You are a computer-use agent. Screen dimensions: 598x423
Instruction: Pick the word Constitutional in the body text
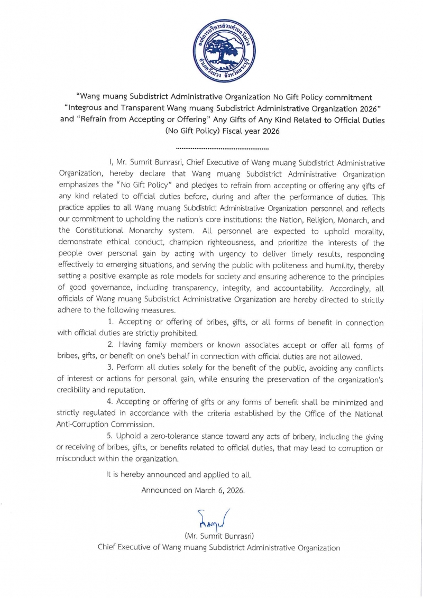click(103, 231)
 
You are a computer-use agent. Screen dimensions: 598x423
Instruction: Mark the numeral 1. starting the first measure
click(111, 322)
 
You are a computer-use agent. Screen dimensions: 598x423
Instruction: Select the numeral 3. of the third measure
click(111, 368)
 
